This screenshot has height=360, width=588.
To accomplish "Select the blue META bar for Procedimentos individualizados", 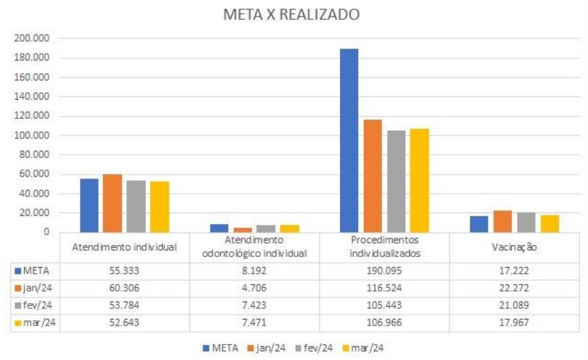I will click(x=349, y=140).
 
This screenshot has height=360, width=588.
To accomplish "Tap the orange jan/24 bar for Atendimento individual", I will click(x=112, y=203).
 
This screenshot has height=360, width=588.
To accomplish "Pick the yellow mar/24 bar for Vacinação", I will click(x=549, y=223).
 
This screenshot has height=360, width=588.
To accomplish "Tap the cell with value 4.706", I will click(x=255, y=288).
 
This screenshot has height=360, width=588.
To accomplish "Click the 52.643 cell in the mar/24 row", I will click(x=124, y=323).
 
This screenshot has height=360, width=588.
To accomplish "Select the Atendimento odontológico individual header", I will click(x=255, y=246).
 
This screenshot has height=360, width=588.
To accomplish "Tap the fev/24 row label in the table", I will click(x=37, y=306).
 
